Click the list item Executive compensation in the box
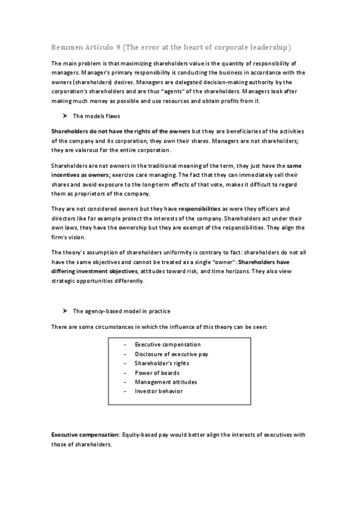[x=168, y=345]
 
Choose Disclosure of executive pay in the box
[x=171, y=354]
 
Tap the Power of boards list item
[x=157, y=373]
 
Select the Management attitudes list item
[x=165, y=382]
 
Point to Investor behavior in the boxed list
[x=159, y=392]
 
